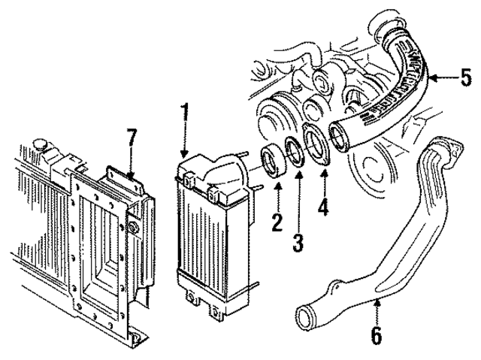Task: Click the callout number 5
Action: [x=465, y=77]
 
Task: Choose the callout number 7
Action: [x=132, y=138]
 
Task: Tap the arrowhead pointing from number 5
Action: [x=434, y=76]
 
